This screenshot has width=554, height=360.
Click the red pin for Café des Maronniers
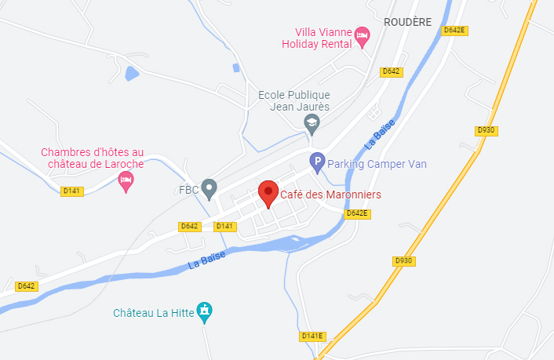268,191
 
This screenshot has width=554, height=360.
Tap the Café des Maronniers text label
330,194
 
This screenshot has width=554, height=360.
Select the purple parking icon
317,163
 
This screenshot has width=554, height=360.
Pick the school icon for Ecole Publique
312,122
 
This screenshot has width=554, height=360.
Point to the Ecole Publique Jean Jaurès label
294,100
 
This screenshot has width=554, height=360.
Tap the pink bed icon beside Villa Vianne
362,35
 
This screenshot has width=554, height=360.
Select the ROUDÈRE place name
408,23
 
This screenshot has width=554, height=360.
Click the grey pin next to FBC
209,188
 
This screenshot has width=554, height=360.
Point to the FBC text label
188,189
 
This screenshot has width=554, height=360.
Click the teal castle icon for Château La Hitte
205,311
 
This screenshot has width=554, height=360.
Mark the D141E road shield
312,336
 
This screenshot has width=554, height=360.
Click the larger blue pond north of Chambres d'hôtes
132,74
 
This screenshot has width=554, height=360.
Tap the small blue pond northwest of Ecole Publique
237,67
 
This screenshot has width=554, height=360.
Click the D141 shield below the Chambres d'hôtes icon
71,191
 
